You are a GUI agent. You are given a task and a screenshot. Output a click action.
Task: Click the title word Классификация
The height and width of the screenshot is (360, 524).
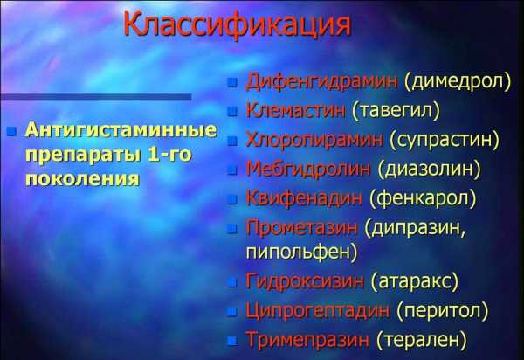tap(238, 25)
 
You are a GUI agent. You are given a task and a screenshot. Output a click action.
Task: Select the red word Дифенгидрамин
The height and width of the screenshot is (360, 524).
tap(321, 81)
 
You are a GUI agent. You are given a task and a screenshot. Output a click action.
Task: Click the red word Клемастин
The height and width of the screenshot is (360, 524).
tap(295, 109)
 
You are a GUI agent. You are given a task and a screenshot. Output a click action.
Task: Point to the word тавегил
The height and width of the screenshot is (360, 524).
tap(396, 110)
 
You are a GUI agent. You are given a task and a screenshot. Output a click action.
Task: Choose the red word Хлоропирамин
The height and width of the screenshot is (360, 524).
tap(314, 140)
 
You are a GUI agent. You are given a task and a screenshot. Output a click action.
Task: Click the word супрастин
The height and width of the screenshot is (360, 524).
tap(445, 140)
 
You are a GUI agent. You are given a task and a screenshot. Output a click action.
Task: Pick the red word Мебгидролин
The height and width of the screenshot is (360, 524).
tap(308, 169)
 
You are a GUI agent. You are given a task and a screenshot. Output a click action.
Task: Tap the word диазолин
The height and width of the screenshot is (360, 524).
tap(429, 169)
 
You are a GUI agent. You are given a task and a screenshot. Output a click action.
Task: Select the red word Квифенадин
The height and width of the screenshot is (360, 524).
tap(304, 197)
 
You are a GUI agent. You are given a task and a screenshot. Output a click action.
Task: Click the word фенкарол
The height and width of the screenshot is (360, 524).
tap(423, 197)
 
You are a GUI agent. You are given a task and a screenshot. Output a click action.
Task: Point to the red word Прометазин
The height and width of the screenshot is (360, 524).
tap(302, 228)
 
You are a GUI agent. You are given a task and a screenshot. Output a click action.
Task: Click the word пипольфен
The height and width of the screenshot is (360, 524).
tap(298, 253)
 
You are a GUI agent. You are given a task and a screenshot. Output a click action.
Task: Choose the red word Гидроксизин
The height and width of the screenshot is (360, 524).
tap(305, 280)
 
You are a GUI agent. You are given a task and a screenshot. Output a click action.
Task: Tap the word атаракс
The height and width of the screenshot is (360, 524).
tap(414, 281)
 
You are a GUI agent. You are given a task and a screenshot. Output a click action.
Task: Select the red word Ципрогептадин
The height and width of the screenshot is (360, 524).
tap(318, 310)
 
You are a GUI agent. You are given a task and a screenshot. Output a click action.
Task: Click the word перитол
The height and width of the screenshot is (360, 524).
tap(443, 311)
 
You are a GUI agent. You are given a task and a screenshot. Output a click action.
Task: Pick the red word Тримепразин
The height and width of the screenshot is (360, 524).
tap(307, 340)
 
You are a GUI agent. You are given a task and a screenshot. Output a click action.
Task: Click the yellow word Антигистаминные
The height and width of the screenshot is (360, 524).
tap(121, 129)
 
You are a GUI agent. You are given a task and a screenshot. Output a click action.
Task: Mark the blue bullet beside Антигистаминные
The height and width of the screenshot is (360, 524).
tap(11, 131)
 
